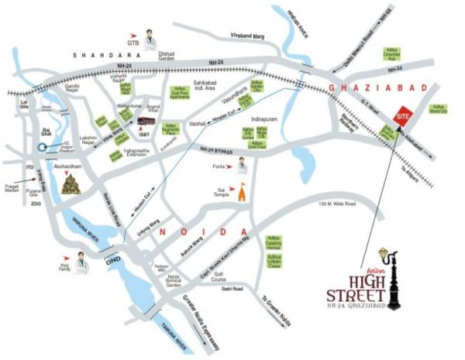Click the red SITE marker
tap(402, 115)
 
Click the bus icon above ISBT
tap(146, 122)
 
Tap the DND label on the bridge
tap(113, 259)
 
